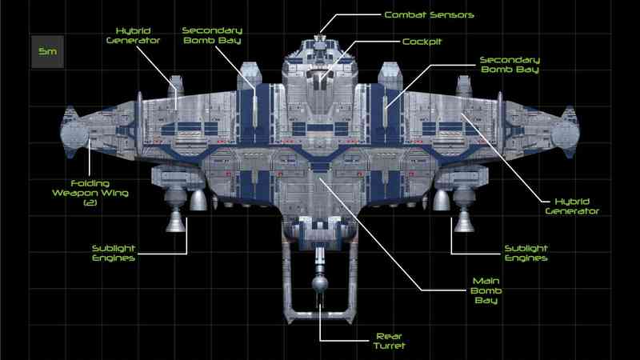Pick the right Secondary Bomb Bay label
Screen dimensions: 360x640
point(510,65)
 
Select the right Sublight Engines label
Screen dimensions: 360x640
point(526,253)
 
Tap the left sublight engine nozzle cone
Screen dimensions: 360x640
point(176,222)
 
